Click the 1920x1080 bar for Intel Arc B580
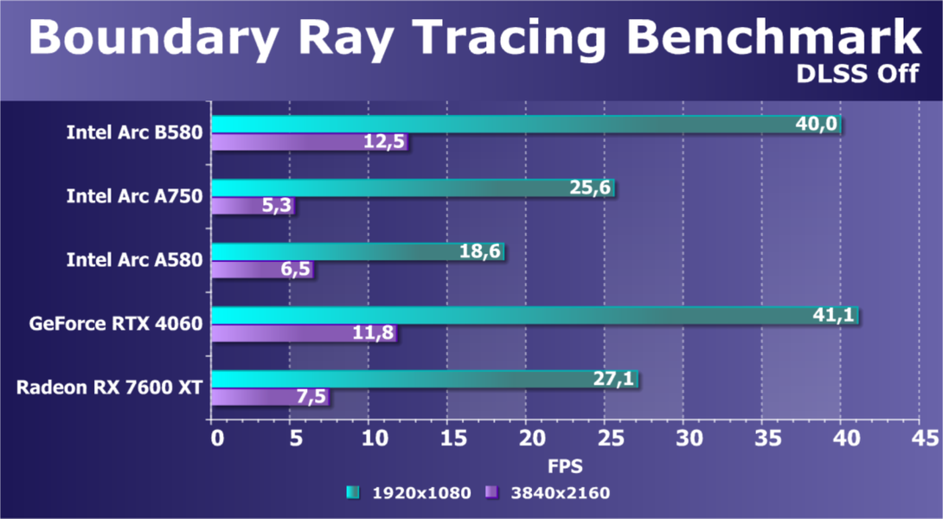(x=519, y=125)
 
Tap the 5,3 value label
(x=274, y=206)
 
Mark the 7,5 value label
(x=309, y=397)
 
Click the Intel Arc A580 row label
(x=134, y=260)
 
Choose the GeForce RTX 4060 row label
(x=116, y=324)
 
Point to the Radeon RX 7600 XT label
(x=109, y=388)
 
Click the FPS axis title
(x=565, y=465)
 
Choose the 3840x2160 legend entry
(x=549, y=493)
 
